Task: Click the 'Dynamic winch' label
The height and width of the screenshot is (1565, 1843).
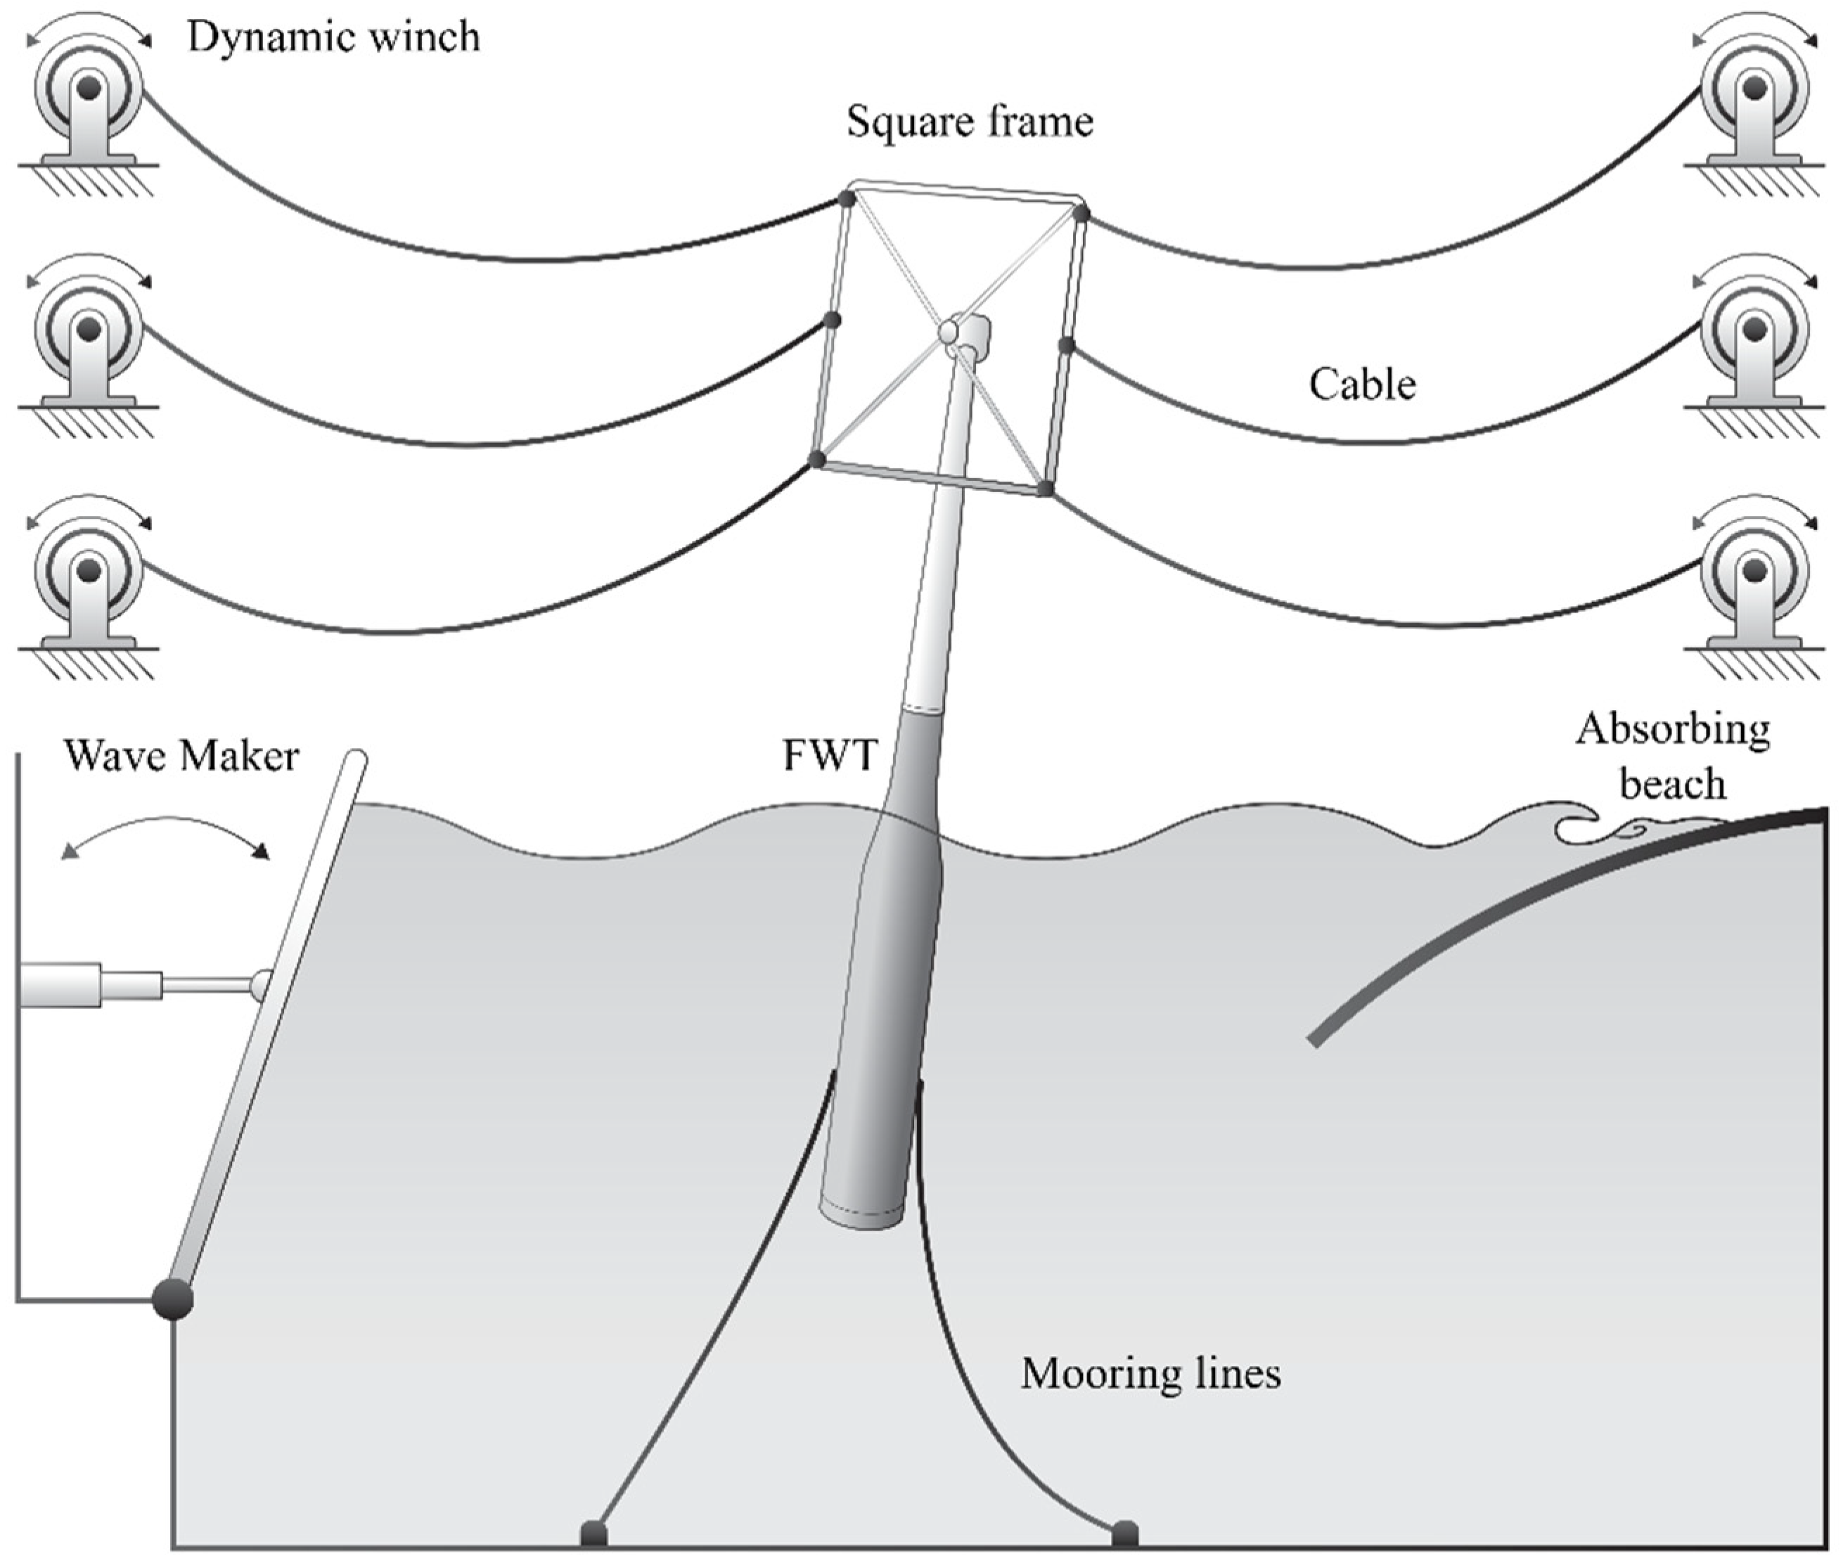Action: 333,38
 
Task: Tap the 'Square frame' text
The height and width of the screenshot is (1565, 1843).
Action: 969,122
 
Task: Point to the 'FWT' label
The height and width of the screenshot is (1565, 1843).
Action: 829,756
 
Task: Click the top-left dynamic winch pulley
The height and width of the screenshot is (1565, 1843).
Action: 88,89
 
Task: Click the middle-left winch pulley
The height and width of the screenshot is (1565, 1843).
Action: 88,330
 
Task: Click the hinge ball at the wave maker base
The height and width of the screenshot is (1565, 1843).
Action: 173,1300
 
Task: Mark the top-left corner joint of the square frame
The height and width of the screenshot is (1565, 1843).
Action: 847,199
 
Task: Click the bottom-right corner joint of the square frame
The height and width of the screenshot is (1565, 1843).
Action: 1046,489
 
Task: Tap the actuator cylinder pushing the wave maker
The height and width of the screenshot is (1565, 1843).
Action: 62,985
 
